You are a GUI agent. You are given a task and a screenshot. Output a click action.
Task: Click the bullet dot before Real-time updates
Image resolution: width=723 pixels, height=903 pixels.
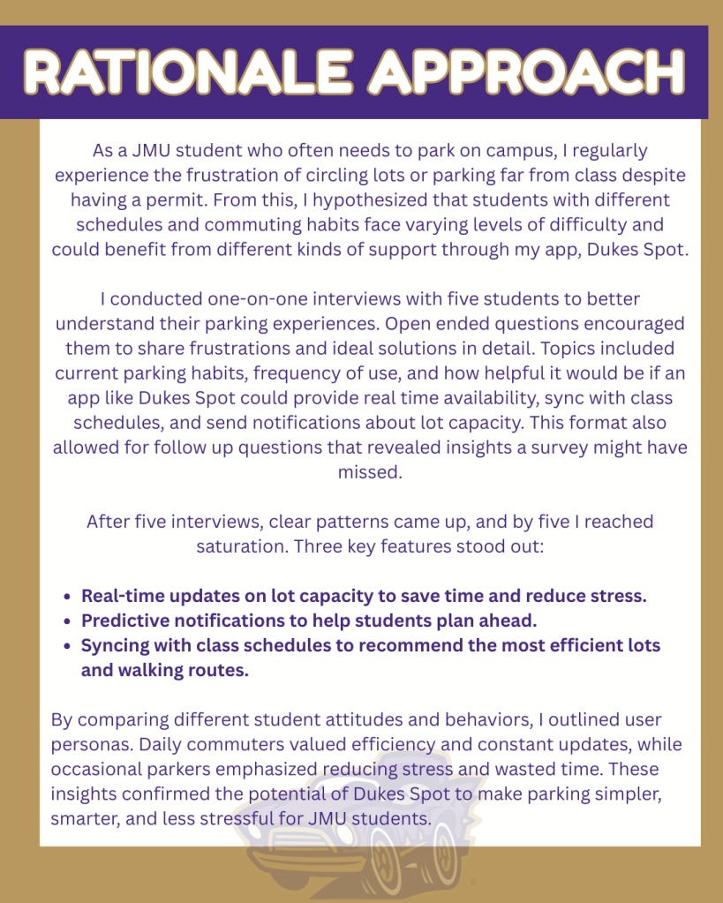click(68, 597)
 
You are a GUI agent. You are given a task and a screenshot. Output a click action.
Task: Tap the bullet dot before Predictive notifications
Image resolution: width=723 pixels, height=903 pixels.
click(68, 621)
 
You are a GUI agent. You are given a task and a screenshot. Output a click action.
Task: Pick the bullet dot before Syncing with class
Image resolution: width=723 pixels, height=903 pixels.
click(68, 646)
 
